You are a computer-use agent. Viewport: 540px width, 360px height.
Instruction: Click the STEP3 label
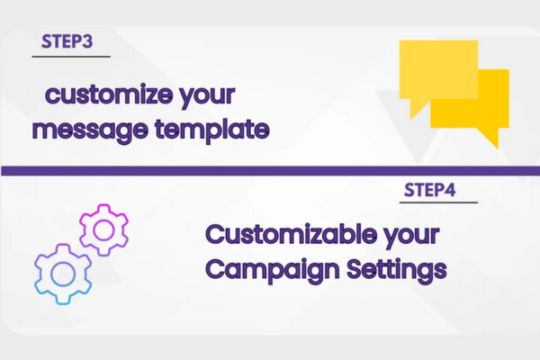(x=67, y=41)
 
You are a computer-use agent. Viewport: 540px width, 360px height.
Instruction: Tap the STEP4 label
(x=430, y=190)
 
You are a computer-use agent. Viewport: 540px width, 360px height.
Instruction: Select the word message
(x=90, y=130)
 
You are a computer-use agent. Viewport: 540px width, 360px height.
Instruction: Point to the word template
(x=212, y=130)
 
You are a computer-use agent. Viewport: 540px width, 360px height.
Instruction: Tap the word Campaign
(x=273, y=270)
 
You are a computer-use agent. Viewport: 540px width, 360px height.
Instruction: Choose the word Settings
(x=397, y=269)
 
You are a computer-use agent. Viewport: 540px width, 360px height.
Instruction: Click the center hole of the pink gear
(x=103, y=230)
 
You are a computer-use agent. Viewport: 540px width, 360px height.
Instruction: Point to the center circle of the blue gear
(x=63, y=274)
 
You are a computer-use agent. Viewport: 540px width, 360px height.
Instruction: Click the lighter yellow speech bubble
(x=438, y=69)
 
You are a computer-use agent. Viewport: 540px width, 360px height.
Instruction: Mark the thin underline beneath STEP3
(x=71, y=56)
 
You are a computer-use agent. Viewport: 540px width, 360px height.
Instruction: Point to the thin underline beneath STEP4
(x=438, y=202)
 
